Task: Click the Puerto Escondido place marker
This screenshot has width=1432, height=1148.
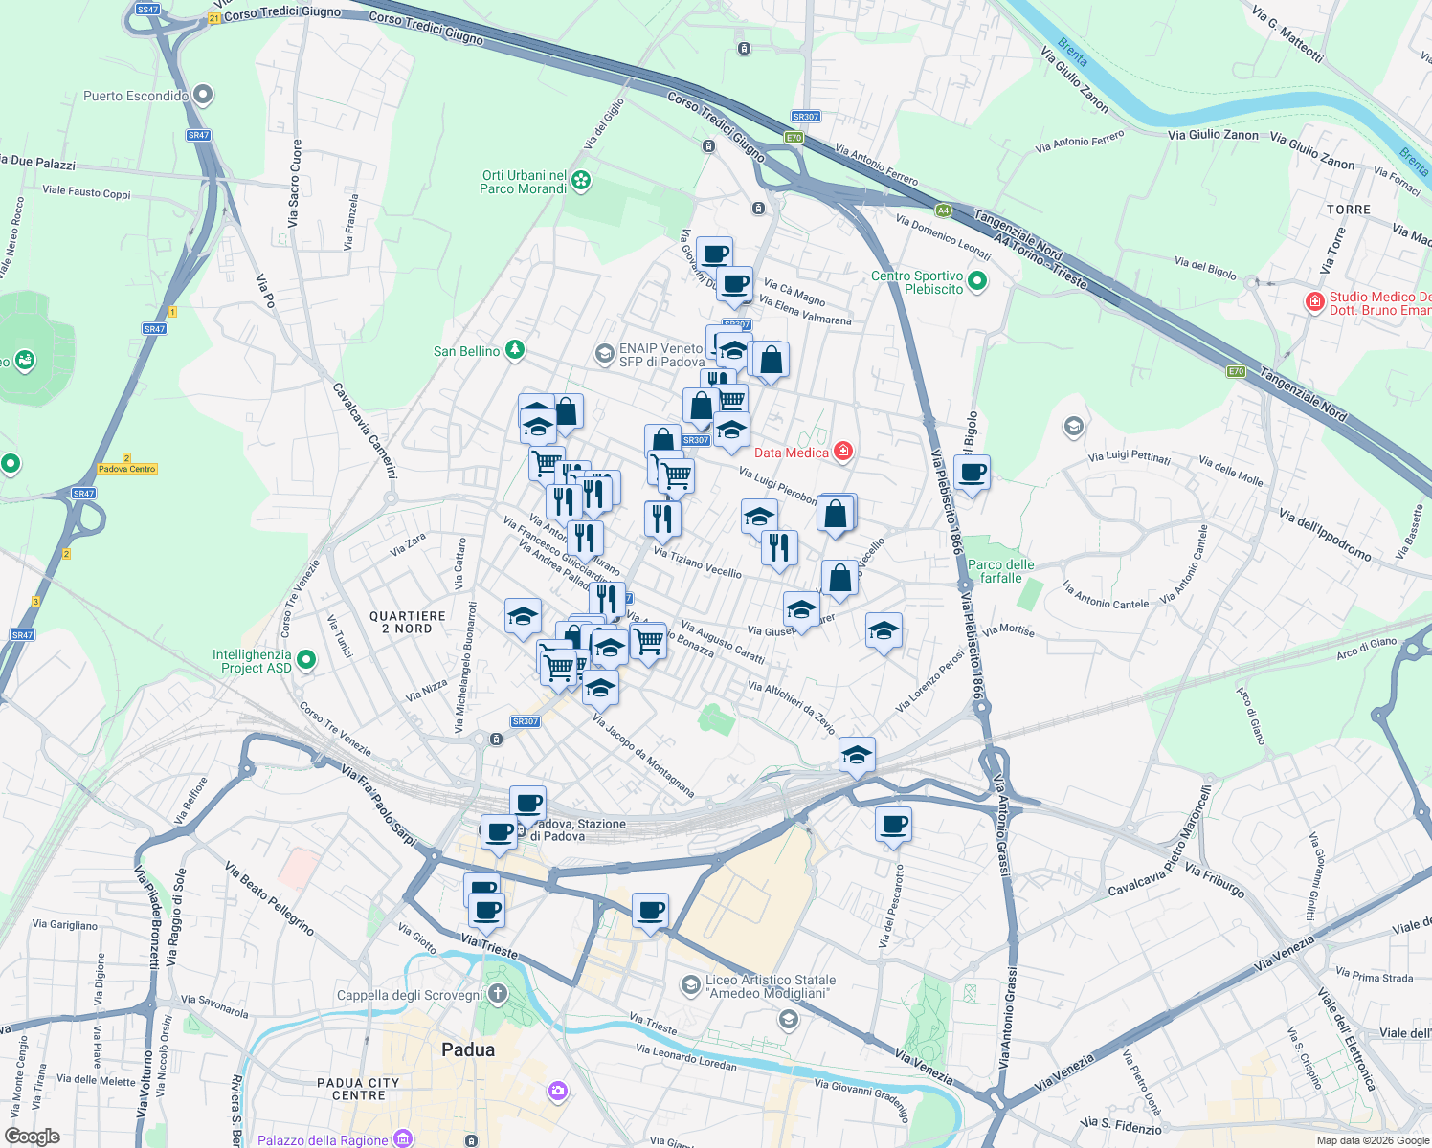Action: (x=202, y=95)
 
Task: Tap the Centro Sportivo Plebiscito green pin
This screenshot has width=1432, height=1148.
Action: (x=976, y=281)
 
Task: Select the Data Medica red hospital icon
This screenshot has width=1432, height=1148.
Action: (x=842, y=452)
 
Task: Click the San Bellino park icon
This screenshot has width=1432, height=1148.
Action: (x=515, y=350)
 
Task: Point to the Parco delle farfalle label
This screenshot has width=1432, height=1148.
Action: (x=1000, y=571)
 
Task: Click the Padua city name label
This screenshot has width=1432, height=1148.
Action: (x=468, y=1049)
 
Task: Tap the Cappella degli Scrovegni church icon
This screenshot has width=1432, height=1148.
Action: (x=497, y=994)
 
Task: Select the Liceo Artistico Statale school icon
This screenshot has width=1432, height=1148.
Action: (x=690, y=984)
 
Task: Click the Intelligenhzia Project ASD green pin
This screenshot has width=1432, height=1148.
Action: (x=306, y=659)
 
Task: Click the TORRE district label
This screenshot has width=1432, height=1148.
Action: (x=1349, y=210)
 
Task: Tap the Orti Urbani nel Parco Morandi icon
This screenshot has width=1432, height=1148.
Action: (x=581, y=180)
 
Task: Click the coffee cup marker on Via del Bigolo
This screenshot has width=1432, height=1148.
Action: (x=972, y=473)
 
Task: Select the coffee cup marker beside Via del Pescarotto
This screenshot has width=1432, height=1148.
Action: (x=893, y=825)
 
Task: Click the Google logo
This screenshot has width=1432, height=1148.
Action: (x=33, y=1137)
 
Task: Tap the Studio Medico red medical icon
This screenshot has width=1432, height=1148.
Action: (x=1315, y=302)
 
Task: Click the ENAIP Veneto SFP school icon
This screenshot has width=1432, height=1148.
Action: (x=603, y=354)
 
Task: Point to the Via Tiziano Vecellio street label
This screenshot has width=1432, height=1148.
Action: (x=697, y=562)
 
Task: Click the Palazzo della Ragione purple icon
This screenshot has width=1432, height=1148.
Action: (x=403, y=1138)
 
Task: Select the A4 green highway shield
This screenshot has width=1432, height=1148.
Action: (x=944, y=210)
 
